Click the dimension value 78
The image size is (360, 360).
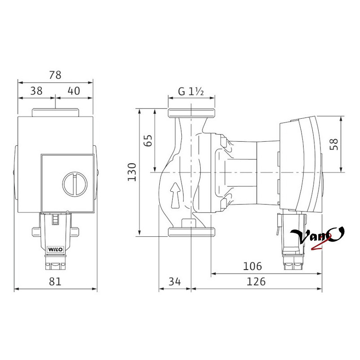[55, 75]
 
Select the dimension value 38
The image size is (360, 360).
[36, 91]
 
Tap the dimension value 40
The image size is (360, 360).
[74, 91]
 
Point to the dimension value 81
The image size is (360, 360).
[55, 282]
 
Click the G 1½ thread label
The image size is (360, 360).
[191, 92]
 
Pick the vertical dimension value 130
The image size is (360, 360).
[132, 172]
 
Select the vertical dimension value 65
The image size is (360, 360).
[148, 140]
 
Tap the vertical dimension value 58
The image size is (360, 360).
[334, 144]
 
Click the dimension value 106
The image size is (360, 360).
[252, 266]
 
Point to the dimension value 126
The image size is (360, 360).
[256, 282]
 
